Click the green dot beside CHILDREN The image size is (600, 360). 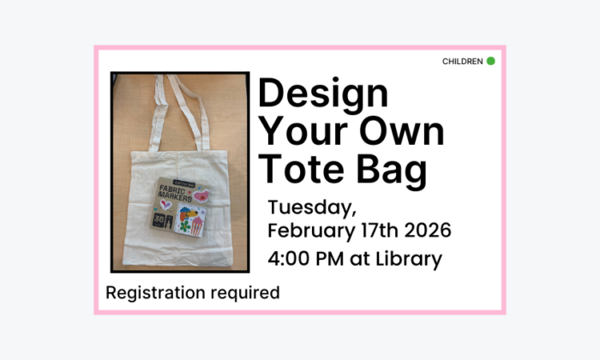[490, 61]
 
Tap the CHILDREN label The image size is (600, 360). [462, 62]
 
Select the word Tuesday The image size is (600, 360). [306, 208]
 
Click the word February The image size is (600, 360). [311, 232]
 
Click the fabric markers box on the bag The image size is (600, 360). [178, 206]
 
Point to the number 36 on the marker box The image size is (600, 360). [159, 221]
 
